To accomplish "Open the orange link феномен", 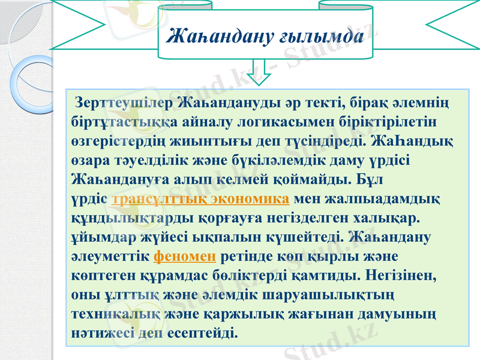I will tap(185, 256).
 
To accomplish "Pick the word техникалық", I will tap(115, 314).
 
